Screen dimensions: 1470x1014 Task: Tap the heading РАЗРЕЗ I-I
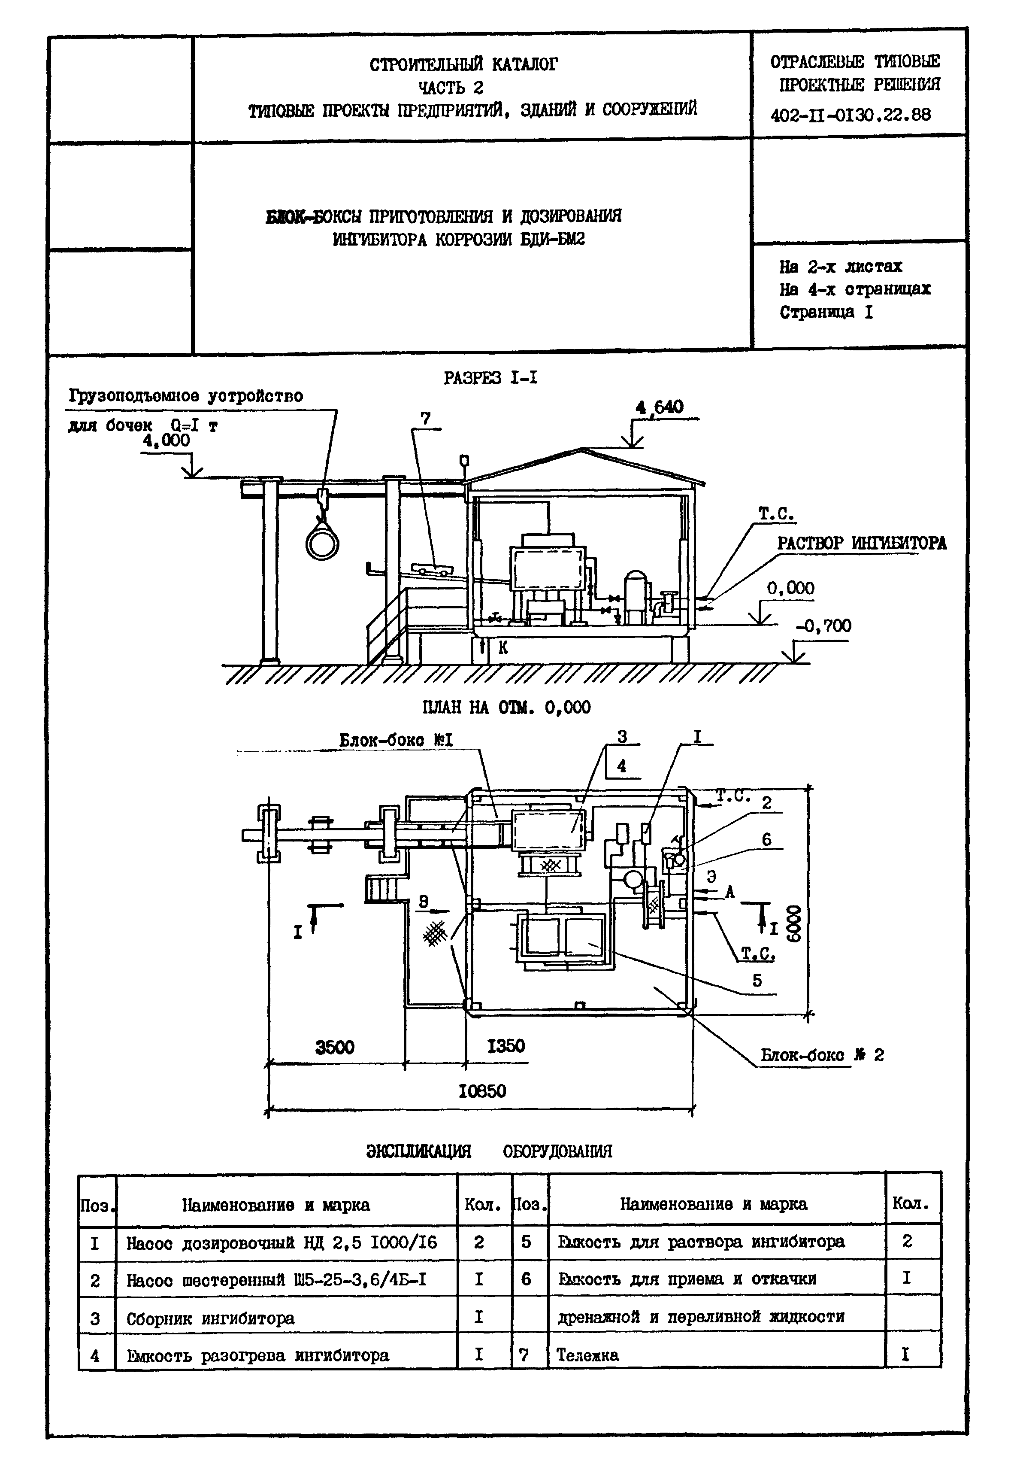tap(490, 378)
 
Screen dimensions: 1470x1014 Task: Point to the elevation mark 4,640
tap(660, 407)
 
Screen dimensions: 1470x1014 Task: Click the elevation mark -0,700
tap(823, 626)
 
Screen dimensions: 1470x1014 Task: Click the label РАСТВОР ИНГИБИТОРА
tap(862, 544)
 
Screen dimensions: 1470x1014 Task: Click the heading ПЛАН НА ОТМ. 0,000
tap(506, 708)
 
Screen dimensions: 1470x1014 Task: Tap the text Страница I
tap(826, 312)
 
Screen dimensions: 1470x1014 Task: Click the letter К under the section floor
tap(503, 647)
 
